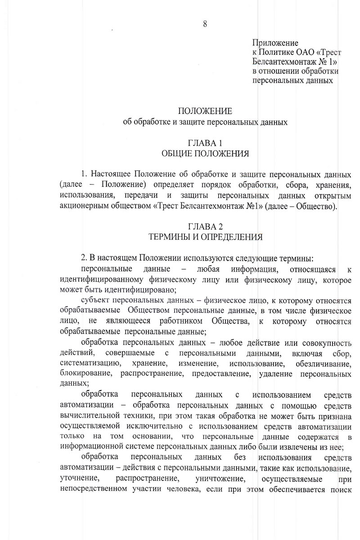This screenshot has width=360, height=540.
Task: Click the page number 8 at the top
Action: (x=205, y=24)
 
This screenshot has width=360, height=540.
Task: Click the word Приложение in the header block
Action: (x=275, y=43)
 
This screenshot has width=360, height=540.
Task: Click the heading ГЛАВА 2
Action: (x=205, y=226)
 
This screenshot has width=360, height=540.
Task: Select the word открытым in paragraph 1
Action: (x=333, y=196)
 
